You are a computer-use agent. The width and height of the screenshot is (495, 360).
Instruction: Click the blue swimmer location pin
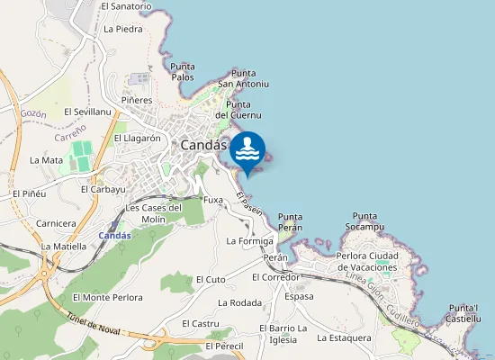point(247,151)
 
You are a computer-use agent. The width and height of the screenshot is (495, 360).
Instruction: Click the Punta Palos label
point(182,71)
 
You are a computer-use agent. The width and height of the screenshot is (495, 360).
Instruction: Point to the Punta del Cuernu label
point(238,110)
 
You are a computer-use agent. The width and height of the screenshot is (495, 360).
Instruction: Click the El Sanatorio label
point(126,5)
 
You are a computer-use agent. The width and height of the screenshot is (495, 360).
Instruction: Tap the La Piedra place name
point(123,29)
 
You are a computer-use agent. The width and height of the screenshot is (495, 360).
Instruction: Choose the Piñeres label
point(137,100)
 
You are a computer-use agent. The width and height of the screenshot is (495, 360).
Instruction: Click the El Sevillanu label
point(87,112)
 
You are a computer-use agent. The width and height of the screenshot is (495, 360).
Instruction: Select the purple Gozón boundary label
point(32,114)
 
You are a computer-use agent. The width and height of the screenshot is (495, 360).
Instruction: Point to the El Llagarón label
point(137,139)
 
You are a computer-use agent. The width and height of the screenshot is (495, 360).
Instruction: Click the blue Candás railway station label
point(114,236)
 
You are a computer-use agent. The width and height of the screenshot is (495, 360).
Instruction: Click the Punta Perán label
point(290,221)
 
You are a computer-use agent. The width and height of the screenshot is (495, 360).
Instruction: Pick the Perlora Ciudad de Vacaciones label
point(365,261)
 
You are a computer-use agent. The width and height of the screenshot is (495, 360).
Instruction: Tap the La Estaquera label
point(344,338)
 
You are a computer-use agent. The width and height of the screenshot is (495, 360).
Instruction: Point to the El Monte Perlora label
point(108,297)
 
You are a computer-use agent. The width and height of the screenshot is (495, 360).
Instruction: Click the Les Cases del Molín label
point(154,212)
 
